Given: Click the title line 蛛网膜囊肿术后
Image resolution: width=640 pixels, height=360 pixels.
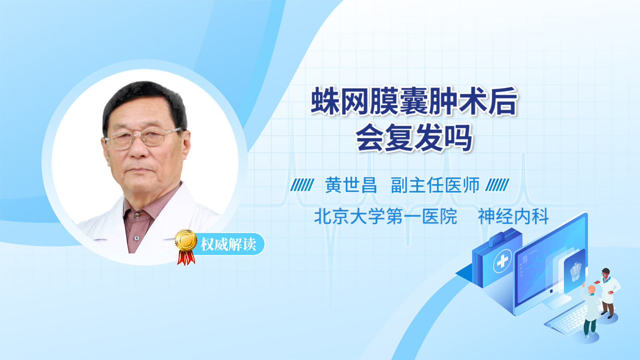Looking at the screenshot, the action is [414, 101].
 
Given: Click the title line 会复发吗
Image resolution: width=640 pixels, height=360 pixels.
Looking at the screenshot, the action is [414, 138].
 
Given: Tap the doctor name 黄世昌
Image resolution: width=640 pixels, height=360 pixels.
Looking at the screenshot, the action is [350, 185].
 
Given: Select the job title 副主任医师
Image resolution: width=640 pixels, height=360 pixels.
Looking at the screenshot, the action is [435, 185].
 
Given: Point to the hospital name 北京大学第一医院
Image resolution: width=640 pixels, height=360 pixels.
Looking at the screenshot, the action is [386, 216].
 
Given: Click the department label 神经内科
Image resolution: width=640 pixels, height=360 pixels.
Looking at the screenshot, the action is [513, 216].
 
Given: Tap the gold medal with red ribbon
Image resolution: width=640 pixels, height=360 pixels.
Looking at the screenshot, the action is [186, 247].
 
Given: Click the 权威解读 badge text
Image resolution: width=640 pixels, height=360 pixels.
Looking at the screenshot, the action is [228, 244].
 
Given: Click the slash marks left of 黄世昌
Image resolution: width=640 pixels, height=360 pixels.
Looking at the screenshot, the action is [302, 185].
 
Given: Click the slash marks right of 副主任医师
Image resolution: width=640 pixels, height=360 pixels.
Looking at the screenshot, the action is [497, 185].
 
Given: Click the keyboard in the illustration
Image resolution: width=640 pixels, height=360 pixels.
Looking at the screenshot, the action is [567, 320].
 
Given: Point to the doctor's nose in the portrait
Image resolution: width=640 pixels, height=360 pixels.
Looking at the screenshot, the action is [138, 148].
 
